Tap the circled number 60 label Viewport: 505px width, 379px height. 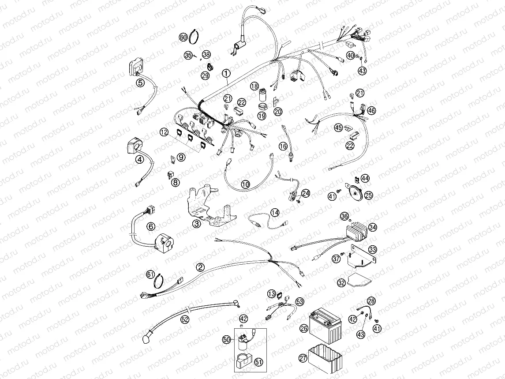(x=183, y=38)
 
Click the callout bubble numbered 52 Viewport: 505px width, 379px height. (x=185, y=319)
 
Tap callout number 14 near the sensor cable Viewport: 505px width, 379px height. (x=275, y=213)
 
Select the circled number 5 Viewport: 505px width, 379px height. (x=140, y=83)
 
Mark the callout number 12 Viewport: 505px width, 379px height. (x=164, y=132)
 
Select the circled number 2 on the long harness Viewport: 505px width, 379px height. (x=200, y=267)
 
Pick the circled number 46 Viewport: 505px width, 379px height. (x=371, y=111)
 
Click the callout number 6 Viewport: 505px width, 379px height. (x=151, y=226)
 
